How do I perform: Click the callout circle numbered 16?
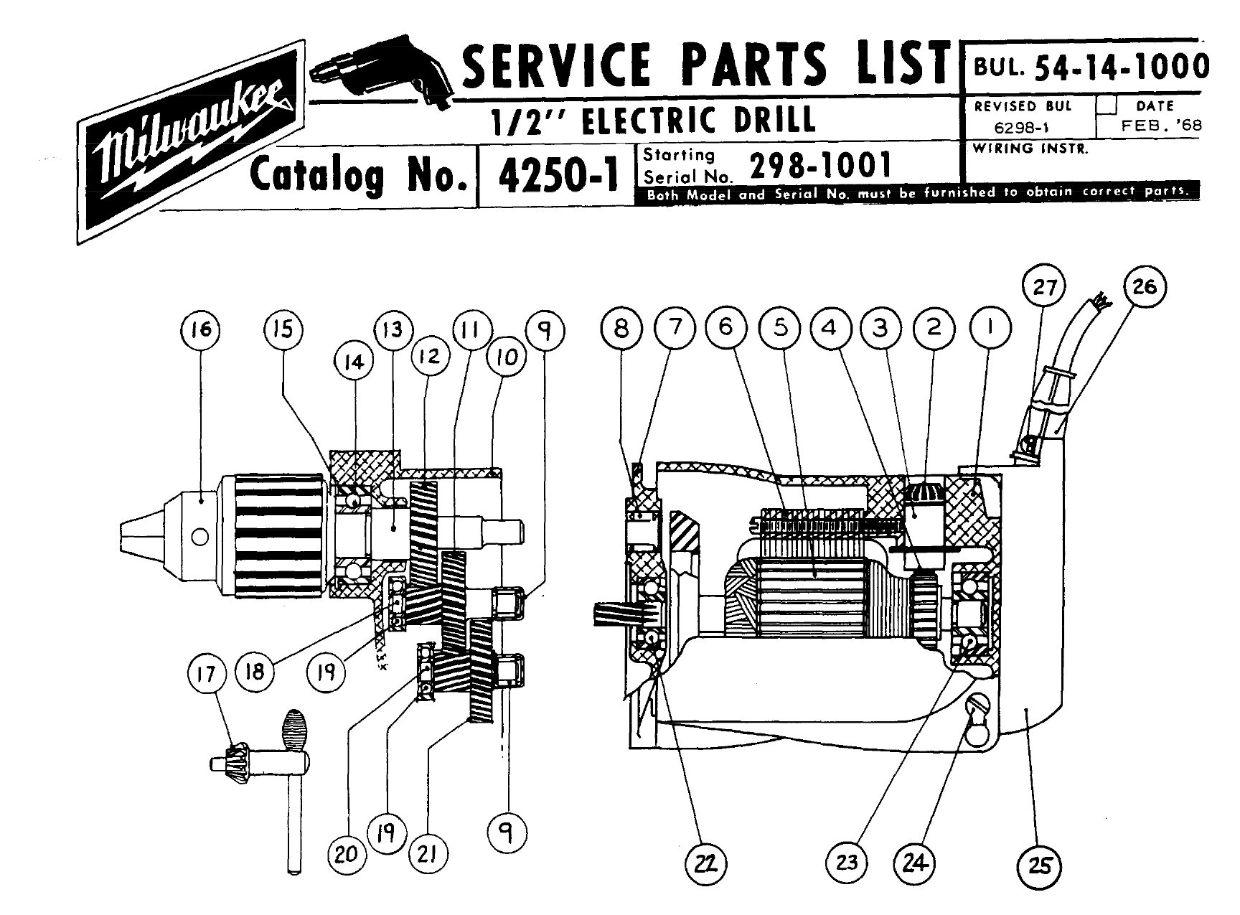tap(200, 329)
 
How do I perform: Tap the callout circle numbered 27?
tap(1044, 288)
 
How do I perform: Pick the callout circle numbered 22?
tap(708, 861)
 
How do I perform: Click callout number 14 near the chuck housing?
tap(353, 361)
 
